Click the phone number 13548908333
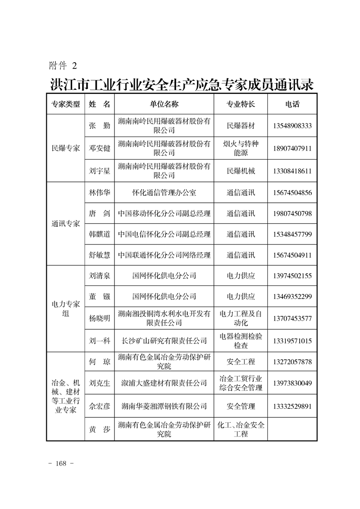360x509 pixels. coord(292,126)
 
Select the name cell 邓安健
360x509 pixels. coord(99,148)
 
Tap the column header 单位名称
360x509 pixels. coord(164,104)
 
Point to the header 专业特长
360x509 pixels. coord(241,104)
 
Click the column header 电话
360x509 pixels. coord(292,104)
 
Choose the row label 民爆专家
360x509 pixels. coord(65,148)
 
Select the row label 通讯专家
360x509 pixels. coord(65,224)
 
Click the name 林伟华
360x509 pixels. coord(99,192)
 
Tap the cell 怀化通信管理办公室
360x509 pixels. coord(164,192)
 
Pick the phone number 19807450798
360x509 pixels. coord(292,213)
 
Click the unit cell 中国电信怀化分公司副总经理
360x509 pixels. coord(164,234)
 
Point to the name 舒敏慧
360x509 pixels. coord(99,255)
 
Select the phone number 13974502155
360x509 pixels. coord(292,275)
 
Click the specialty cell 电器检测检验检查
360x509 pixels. coord(241,341)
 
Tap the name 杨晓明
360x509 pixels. coord(99,318)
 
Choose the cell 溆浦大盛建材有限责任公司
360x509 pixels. coord(164,383)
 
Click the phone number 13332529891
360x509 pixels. coord(292,406)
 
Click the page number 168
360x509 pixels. coord(61,463)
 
